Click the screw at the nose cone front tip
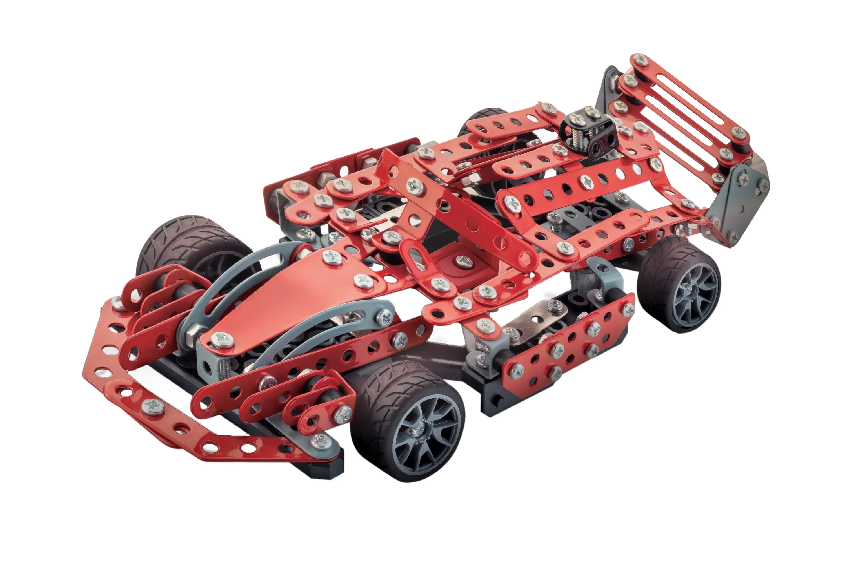pyautogui.click(x=220, y=338)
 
